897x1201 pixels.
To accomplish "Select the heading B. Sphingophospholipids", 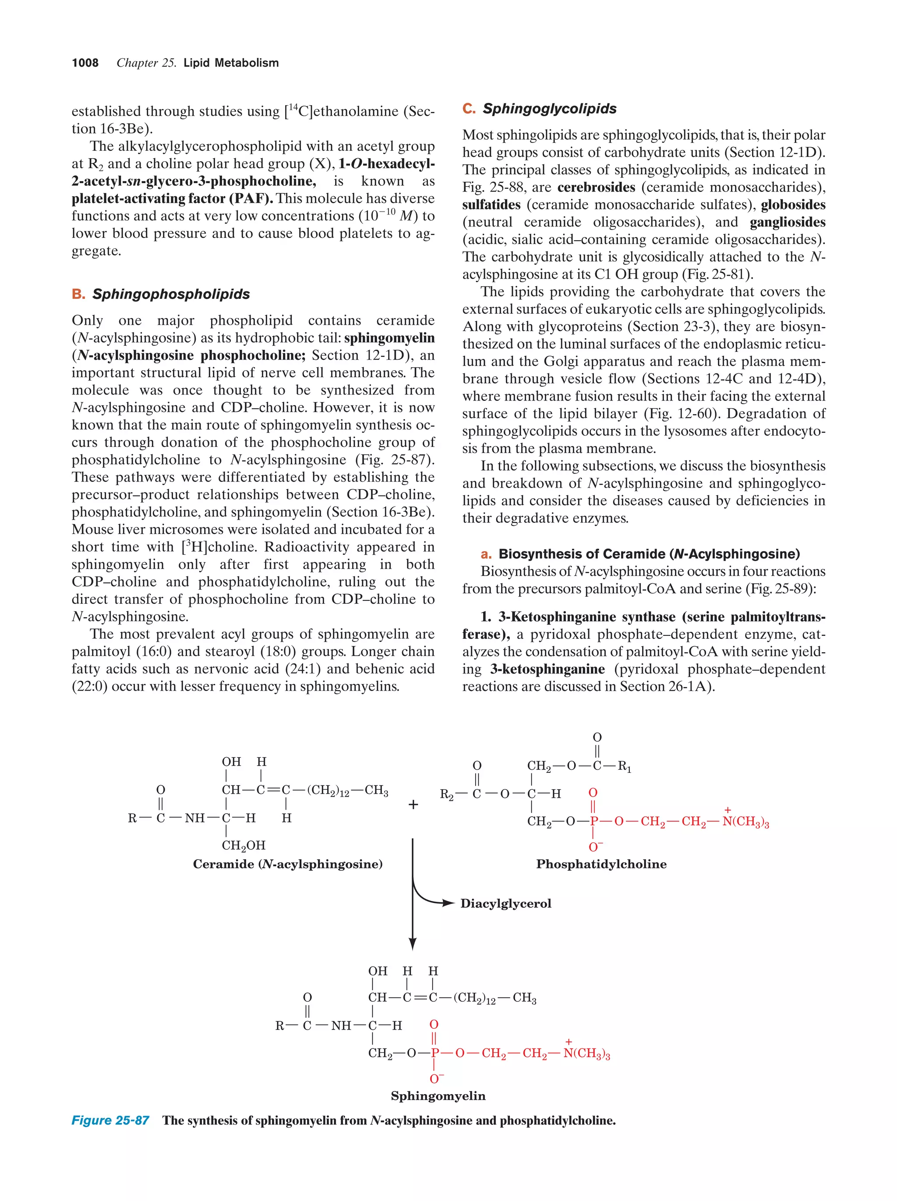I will (x=161, y=294).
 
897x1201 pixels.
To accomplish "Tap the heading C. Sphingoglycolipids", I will (x=540, y=109).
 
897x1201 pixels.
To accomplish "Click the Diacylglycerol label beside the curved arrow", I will (x=505, y=903).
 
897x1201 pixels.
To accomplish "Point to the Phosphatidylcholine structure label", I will (x=601, y=864).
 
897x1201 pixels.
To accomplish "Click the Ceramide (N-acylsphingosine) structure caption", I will (x=288, y=864).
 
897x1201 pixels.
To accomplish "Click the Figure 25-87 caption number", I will (x=110, y=1120).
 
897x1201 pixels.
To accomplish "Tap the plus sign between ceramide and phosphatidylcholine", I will (x=413, y=804).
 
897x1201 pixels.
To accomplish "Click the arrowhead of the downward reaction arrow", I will (x=413, y=944).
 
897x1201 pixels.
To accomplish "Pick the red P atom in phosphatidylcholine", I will (x=593, y=822).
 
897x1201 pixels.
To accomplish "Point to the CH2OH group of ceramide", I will (x=244, y=845).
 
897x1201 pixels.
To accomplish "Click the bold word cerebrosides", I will (x=596, y=188).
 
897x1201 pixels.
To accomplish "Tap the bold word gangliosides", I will (x=788, y=222).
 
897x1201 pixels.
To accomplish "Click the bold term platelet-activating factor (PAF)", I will (x=172, y=198).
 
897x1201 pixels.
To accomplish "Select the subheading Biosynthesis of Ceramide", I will (x=649, y=554).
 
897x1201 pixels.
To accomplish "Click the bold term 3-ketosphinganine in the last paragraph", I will (x=547, y=669).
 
